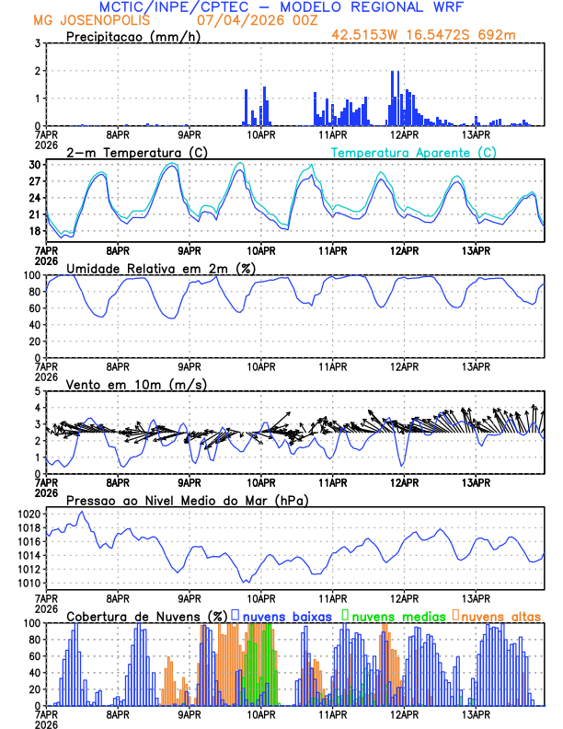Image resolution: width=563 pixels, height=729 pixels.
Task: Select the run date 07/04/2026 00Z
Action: pos(248,20)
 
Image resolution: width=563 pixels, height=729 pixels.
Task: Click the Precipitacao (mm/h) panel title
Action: pos(133,37)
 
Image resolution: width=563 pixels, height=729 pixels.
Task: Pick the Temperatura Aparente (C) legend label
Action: pos(414,152)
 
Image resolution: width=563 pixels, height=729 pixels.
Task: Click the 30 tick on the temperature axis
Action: pos(34,165)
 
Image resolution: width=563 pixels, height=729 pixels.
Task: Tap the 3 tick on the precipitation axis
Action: pos(38,43)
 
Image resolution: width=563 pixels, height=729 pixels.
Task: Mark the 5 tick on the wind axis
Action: pos(38,391)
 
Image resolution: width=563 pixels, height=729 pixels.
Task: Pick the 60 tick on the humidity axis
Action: pos(34,325)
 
